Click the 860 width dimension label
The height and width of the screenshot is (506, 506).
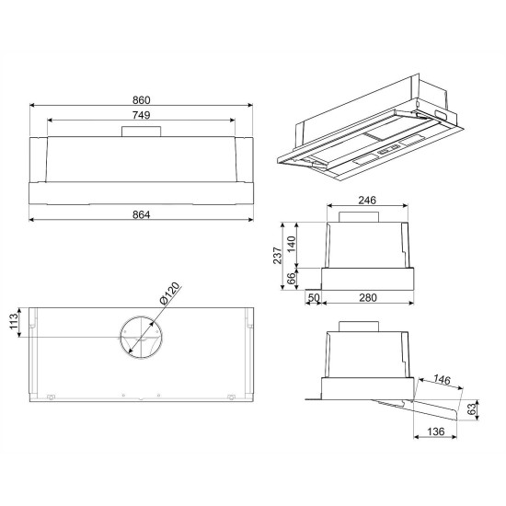click(x=142, y=100)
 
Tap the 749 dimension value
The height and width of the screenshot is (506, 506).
click(x=142, y=115)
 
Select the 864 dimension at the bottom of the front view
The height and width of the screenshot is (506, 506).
click(x=142, y=214)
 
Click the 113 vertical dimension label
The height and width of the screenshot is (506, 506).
click(x=14, y=321)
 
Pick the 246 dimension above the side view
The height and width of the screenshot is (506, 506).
click(x=367, y=201)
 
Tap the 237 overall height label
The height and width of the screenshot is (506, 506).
click(x=278, y=256)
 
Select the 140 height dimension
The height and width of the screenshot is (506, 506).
click(x=291, y=245)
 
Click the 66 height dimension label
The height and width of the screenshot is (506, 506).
click(x=291, y=278)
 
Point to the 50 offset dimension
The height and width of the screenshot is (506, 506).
click(x=314, y=297)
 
